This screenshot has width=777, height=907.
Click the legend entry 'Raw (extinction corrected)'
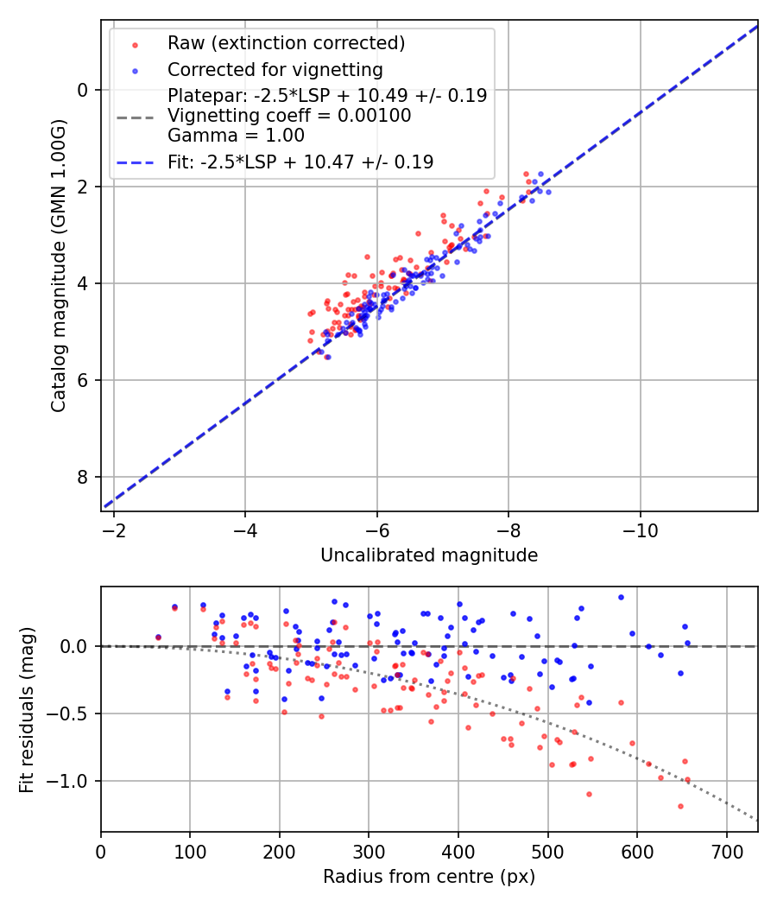point(286,42)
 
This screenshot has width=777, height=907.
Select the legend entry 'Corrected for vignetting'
point(275,69)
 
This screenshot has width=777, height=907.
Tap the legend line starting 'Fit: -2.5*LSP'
point(300,162)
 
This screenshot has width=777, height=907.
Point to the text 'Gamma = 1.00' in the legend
point(236,135)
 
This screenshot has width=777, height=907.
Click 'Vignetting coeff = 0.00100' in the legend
point(289,116)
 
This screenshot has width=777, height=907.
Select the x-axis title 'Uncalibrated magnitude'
point(429,555)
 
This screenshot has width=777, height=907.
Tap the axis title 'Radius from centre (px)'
point(429,877)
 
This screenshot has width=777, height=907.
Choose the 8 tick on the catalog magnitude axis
point(84,477)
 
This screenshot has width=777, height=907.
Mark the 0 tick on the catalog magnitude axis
point(84,90)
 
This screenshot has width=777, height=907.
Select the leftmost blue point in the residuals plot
point(158,637)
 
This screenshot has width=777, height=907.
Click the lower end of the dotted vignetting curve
point(756,819)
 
